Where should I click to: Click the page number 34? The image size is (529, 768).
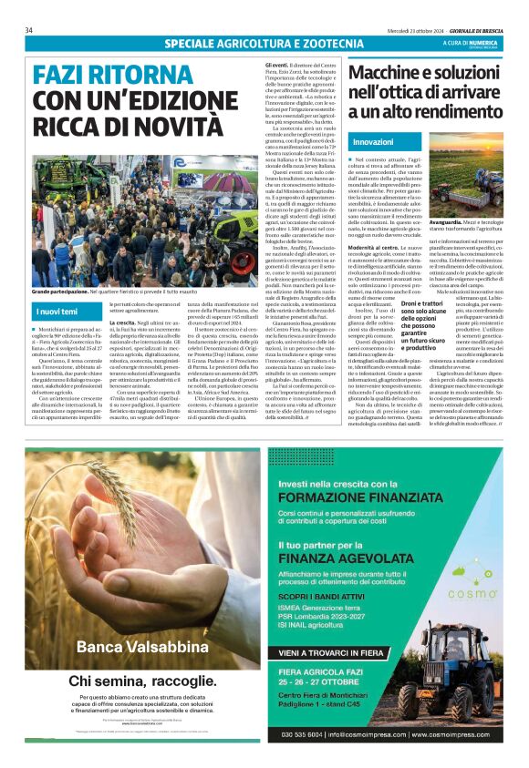tap(29, 30)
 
